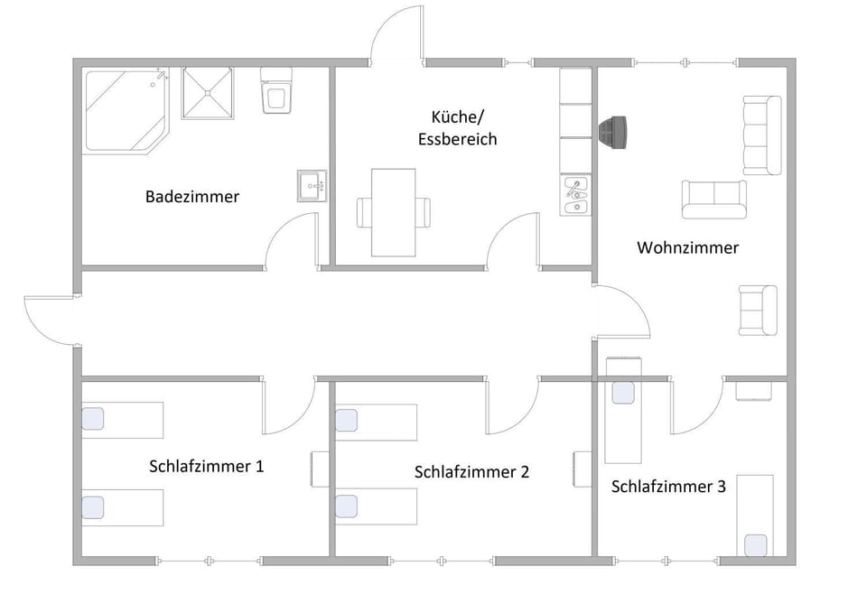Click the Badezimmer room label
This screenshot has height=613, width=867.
(192, 196)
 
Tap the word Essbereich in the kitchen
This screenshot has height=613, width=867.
(457, 139)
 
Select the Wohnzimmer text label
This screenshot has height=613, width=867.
(687, 247)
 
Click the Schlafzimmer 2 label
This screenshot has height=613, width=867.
(471, 471)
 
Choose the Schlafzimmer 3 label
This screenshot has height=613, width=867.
(668, 487)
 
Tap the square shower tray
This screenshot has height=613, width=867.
(213, 92)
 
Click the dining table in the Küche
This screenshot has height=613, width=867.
(394, 212)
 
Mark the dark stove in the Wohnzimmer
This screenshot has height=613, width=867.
(617, 132)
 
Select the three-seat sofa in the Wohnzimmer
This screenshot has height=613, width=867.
(761, 135)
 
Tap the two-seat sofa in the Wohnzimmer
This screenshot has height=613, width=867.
(714, 199)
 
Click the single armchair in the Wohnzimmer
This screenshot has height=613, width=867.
(757, 310)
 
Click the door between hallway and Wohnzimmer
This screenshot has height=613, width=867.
(621, 311)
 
